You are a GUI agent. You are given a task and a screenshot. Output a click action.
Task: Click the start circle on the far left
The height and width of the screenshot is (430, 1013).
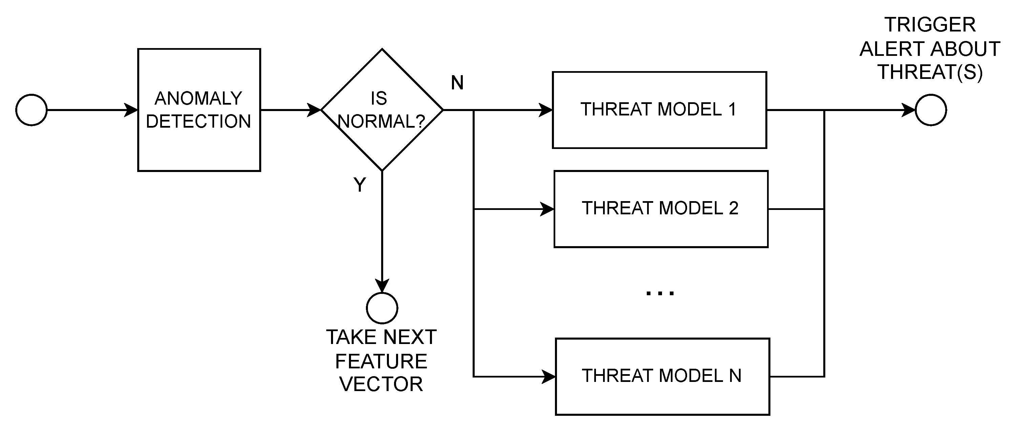32,110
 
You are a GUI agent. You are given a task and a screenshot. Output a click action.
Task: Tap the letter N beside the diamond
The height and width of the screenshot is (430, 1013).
457,83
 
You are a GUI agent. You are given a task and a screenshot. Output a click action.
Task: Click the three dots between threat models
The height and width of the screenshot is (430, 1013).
660,293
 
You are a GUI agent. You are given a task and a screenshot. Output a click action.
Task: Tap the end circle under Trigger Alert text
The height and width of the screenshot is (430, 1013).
930,110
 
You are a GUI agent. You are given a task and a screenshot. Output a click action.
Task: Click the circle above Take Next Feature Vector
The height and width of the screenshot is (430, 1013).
382,308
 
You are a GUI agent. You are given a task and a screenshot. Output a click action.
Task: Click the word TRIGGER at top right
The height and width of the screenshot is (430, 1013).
930,25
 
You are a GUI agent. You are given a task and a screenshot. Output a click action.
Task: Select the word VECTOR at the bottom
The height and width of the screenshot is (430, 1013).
381,384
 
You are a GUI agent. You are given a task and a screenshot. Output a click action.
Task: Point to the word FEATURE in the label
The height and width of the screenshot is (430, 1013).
381,361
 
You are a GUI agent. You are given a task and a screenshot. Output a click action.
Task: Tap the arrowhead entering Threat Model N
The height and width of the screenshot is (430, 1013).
549,377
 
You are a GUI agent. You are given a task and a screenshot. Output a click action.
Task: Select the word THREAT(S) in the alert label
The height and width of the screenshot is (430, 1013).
930,72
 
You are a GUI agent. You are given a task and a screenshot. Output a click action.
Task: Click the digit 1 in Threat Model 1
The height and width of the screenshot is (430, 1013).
732,109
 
